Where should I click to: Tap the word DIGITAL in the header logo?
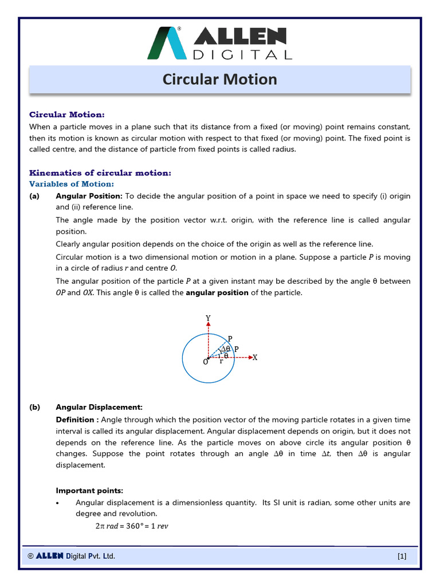tap(242, 54)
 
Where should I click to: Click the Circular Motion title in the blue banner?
tap(219, 79)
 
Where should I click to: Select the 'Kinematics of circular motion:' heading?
tap(100, 173)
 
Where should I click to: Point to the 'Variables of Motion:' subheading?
tap(72, 184)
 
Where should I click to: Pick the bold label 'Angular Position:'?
tap(89, 196)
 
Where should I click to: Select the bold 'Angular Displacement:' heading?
tap(99, 407)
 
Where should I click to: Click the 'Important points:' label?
tap(89, 490)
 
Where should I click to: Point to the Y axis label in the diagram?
tap(208, 318)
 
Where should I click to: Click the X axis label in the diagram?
tap(255, 357)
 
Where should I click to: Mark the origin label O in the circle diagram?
tap(205, 362)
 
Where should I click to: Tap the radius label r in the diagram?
tap(221, 362)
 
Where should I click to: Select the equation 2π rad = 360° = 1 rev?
tap(131, 526)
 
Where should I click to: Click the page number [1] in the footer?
tap(402, 556)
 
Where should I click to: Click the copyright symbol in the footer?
tap(30, 556)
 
